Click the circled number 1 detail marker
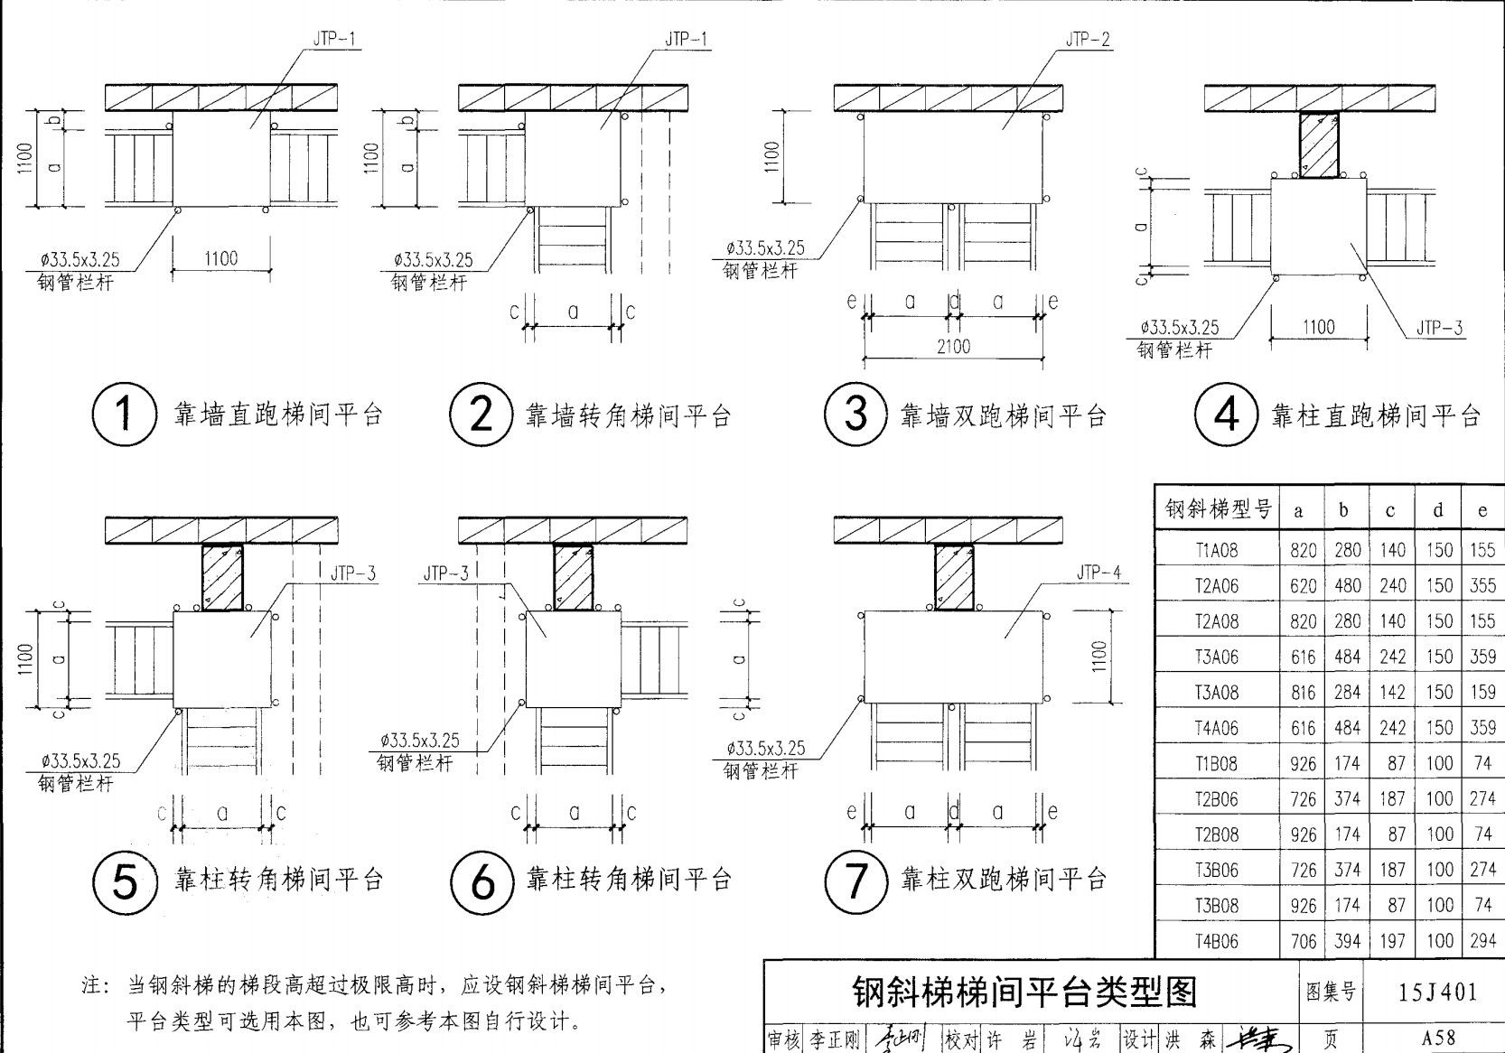coord(124,415)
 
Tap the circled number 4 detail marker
coord(1227,415)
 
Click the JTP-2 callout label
coord(1088,40)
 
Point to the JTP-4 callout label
coord(1098,573)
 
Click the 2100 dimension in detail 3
coord(953,347)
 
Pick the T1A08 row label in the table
coord(1217,550)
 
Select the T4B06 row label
coord(1217,941)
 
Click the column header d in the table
coord(1438,510)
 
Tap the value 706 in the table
coord(1303,941)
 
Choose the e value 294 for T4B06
coord(1482,941)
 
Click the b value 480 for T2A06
coord(1347,586)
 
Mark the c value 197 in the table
coord(1392,941)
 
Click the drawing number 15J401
coord(1438,992)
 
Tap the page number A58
coord(1438,1039)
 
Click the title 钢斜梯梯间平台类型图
coord(1024,992)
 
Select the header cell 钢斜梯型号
coord(1217,510)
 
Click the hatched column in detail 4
coord(1319,144)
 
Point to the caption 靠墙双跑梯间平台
coord(1003,416)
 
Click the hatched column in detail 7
coord(953,577)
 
